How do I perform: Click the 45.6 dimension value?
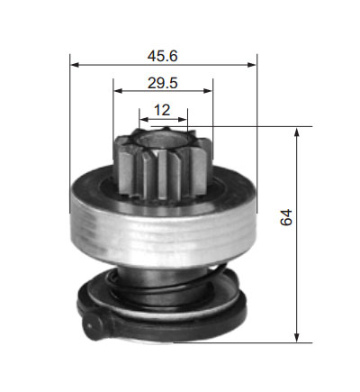click(163, 56)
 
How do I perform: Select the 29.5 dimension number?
click(163, 83)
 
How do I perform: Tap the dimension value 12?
click(162, 110)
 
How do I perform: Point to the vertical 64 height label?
click(286, 217)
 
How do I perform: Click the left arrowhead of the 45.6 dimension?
click(75, 65)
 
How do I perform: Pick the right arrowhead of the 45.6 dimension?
click(252, 65)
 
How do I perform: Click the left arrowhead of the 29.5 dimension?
click(118, 90)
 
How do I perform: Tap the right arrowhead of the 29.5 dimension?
click(208, 90)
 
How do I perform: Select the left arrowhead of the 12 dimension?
click(144, 120)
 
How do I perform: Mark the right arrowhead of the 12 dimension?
click(183, 120)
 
